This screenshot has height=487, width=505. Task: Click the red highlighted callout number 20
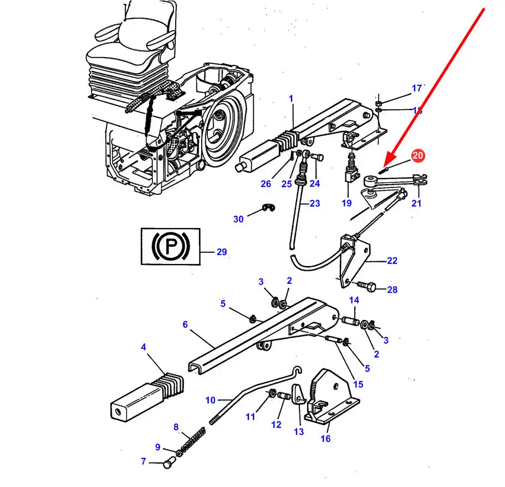tap(418, 156)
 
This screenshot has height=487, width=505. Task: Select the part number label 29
tap(222, 252)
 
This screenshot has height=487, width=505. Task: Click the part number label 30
tap(238, 219)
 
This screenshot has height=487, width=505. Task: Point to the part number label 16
tap(325, 439)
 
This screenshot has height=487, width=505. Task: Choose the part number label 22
tap(392, 261)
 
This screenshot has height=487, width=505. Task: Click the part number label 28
tap(392, 290)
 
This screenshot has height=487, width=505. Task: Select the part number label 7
tap(143, 461)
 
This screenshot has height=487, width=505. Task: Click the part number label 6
tap(185, 324)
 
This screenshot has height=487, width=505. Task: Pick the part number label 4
tap(144, 348)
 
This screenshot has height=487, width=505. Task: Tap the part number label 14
tap(354, 300)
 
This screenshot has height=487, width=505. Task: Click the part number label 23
tap(315, 204)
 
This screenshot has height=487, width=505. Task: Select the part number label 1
tap(290, 98)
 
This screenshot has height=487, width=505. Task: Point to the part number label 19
tap(346, 203)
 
